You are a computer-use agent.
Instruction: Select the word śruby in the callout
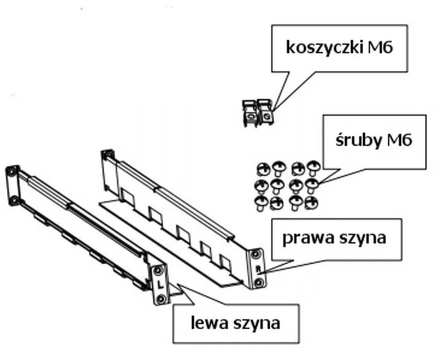pyautogui.click(x=357, y=140)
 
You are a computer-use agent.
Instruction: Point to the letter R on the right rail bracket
pyautogui.click(x=258, y=268)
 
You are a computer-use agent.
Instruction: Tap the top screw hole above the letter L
pyautogui.click(x=158, y=271)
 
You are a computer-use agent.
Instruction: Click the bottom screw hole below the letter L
pyautogui.click(x=161, y=299)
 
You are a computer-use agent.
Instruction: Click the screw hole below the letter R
pyautogui.click(x=259, y=282)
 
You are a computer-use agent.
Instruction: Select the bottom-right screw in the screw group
pyautogui.click(x=311, y=202)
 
